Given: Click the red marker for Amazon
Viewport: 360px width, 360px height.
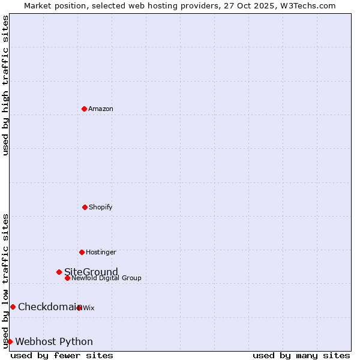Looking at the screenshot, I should click(84, 109).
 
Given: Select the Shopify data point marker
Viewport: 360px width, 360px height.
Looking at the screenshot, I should click(85, 207).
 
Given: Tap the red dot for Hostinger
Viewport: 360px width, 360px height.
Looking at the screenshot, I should click(82, 252).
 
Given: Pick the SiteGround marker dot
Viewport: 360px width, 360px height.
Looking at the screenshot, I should click(59, 272).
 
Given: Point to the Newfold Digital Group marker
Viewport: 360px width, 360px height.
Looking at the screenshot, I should click(67, 278).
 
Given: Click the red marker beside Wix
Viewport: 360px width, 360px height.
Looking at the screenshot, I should click(79, 308).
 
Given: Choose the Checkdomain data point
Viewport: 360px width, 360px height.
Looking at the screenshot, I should click(13, 307).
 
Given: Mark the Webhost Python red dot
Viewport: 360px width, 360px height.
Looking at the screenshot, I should click(10, 341).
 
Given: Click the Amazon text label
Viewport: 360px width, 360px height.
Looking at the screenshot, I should click(101, 109).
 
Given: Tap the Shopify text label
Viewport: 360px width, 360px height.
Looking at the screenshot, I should click(101, 207).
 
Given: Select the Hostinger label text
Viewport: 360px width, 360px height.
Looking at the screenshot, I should click(101, 252).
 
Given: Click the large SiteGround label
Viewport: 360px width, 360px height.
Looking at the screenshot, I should click(91, 272).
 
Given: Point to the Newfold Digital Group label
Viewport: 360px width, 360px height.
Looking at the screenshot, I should click(107, 278).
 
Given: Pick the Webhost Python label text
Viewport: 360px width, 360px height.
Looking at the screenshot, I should click(54, 341).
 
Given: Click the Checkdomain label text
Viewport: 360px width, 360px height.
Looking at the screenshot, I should click(49, 307).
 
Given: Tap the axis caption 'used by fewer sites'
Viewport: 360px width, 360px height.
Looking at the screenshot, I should click(62, 355).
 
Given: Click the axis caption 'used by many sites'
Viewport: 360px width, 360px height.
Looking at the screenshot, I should click(301, 355).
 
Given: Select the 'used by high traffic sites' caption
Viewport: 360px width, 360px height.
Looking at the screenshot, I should click(6, 85).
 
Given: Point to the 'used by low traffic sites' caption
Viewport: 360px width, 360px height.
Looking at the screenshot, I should click(6, 281).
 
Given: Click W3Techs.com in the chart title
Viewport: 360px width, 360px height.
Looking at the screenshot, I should click(307, 5).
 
